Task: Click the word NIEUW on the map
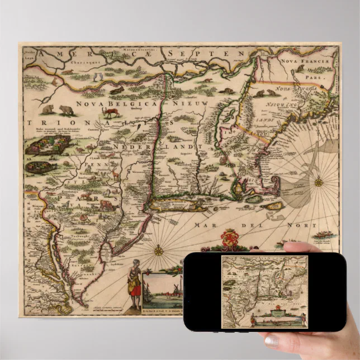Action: click(193, 104)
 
